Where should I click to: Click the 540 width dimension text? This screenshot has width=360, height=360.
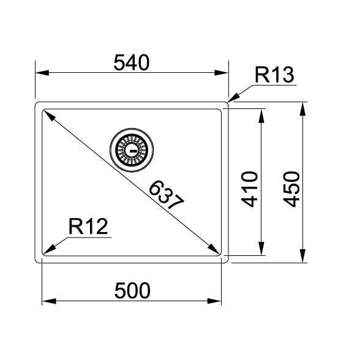pyautogui.click(x=132, y=62)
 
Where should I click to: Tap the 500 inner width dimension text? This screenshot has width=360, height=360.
pyautogui.click(x=132, y=291)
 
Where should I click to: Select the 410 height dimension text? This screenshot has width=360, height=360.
pyautogui.click(x=250, y=189)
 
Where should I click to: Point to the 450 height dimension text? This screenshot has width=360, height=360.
pyautogui.click(x=291, y=189)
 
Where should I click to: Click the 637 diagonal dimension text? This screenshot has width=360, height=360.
pyautogui.click(x=167, y=195)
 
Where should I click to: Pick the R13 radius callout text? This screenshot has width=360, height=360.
pyautogui.click(x=274, y=75)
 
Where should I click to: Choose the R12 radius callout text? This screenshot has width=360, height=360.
pyautogui.click(x=88, y=227)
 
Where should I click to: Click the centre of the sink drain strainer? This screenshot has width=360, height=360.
pyautogui.click(x=132, y=150)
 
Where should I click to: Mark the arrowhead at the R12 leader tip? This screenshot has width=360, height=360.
pyautogui.click(x=50, y=249)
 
